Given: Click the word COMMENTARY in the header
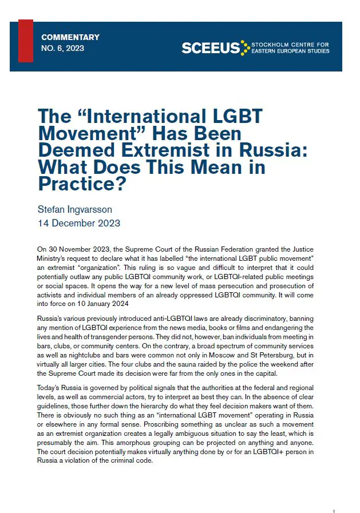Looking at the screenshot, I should pos(70,37).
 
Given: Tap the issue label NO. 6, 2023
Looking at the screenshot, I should pos(62,48).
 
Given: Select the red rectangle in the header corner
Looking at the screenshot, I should pos(25,40).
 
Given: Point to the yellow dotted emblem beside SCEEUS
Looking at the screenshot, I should pos(246,48).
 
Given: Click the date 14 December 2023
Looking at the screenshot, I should pos(79,223).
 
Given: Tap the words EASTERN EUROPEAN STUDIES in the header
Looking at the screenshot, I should pos(291,51).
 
